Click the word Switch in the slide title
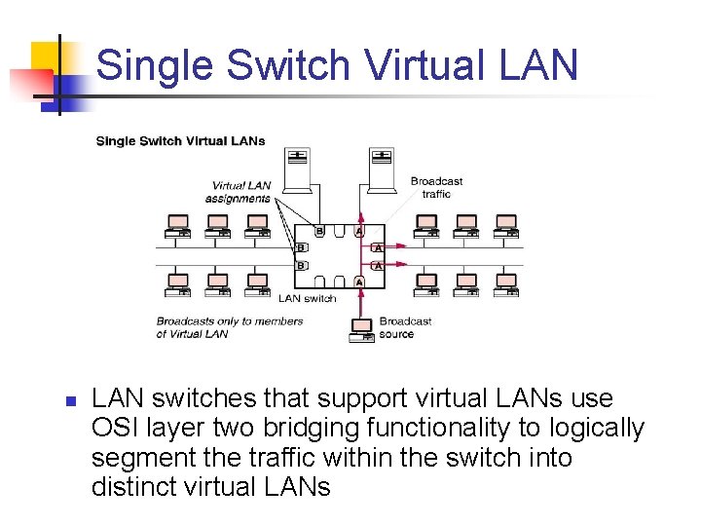[x=287, y=66]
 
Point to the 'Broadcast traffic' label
[x=436, y=187]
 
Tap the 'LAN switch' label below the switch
[x=307, y=298]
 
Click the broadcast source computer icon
[x=361, y=328]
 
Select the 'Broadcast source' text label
[x=405, y=327]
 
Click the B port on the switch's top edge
[x=318, y=232]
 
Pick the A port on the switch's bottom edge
[x=359, y=282]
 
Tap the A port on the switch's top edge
[x=359, y=232]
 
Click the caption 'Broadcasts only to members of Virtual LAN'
[x=229, y=327]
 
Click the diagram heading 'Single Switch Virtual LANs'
[x=180, y=141]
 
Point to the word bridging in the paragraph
[x=333, y=428]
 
